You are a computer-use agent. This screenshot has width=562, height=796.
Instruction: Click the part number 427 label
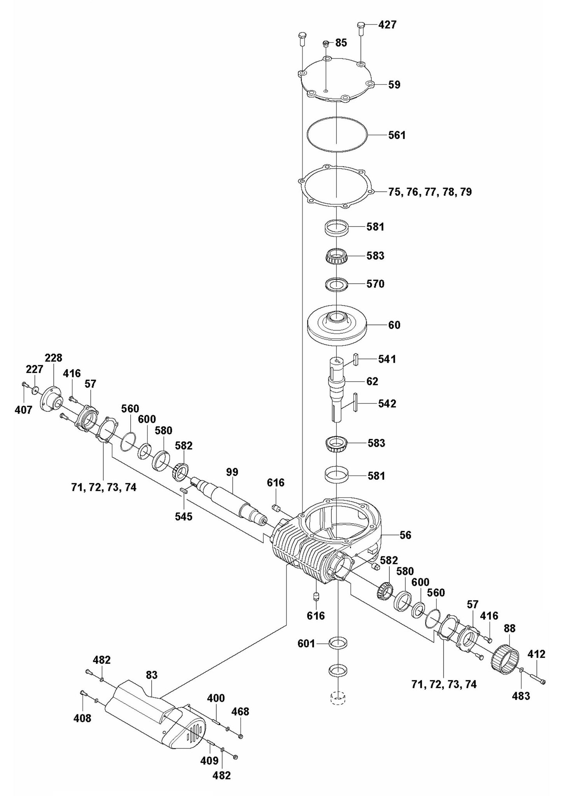click(x=387, y=25)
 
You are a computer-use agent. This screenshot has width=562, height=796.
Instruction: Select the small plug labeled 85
click(x=327, y=43)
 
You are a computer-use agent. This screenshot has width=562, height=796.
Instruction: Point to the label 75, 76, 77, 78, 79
click(x=430, y=192)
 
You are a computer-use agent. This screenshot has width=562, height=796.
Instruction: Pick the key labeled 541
click(x=355, y=358)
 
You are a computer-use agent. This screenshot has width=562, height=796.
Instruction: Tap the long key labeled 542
click(x=355, y=402)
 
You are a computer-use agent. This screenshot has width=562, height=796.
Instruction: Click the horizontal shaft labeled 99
click(x=229, y=498)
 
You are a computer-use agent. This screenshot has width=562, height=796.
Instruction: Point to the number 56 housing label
click(x=405, y=535)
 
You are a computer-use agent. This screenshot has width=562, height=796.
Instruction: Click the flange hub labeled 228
click(x=52, y=399)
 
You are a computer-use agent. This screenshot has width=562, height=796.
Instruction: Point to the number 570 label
click(x=375, y=284)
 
